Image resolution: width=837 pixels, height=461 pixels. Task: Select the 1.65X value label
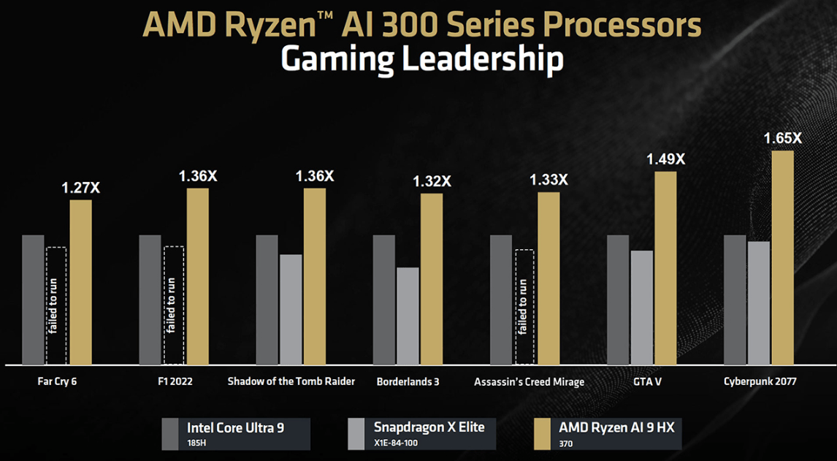click(782, 137)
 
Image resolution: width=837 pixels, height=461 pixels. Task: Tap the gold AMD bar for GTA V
click(665, 267)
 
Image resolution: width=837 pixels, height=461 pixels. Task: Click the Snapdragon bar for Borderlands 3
click(408, 316)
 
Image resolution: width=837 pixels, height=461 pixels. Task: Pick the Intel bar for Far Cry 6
click(33, 300)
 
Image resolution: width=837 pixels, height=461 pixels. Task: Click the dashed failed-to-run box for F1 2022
click(174, 305)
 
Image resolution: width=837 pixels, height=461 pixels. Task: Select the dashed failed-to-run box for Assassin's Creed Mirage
click(524, 307)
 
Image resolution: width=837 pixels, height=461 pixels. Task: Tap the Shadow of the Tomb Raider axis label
click(291, 381)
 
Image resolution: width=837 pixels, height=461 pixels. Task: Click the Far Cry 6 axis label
click(57, 381)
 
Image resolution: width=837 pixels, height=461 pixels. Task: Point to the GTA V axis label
click(642, 381)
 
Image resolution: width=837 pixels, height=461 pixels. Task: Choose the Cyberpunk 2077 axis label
click(760, 381)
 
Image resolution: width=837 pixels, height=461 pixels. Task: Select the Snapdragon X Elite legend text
click(429, 427)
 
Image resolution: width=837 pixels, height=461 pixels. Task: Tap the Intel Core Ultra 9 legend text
click(235, 427)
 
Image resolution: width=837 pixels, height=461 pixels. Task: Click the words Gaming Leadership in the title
click(421, 59)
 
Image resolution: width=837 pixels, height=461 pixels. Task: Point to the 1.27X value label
click(80, 188)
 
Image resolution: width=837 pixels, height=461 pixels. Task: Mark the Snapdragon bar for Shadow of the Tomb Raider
click(291, 309)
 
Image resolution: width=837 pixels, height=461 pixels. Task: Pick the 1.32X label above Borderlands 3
click(432, 181)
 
